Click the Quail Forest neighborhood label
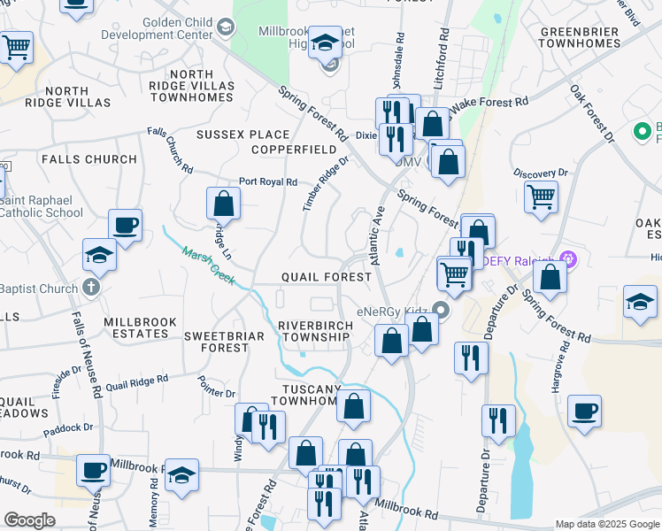click(x=326, y=277)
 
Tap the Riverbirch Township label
click(x=314, y=330)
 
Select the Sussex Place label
click(x=230, y=135)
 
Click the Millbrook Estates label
click(x=135, y=327)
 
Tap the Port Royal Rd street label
click(x=268, y=181)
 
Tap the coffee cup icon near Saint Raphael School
click(x=125, y=224)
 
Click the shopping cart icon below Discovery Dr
click(x=541, y=196)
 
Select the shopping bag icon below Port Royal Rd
click(x=224, y=203)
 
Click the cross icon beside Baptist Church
click(x=89, y=288)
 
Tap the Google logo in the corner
click(x=29, y=520)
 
